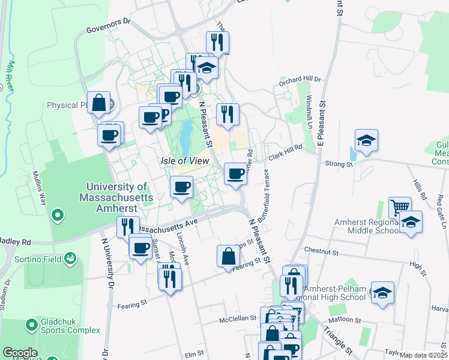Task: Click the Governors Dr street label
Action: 108,21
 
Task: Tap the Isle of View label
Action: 185,161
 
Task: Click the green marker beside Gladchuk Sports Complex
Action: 31,325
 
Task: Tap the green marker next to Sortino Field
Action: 70,259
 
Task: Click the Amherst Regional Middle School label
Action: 367,225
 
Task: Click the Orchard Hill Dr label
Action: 301,79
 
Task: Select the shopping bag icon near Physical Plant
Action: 99,103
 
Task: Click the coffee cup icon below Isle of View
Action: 181,187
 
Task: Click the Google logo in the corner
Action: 20,353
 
